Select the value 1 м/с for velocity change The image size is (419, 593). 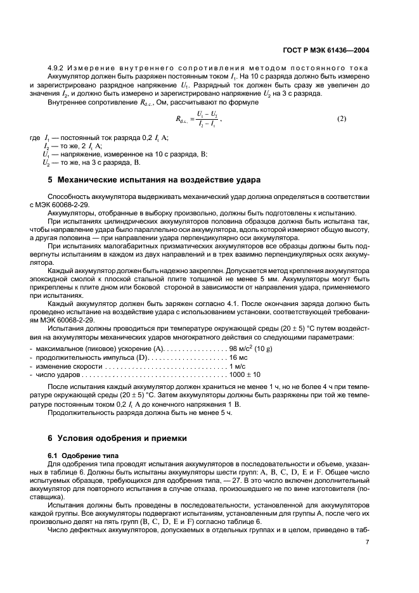click(x=238, y=366)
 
